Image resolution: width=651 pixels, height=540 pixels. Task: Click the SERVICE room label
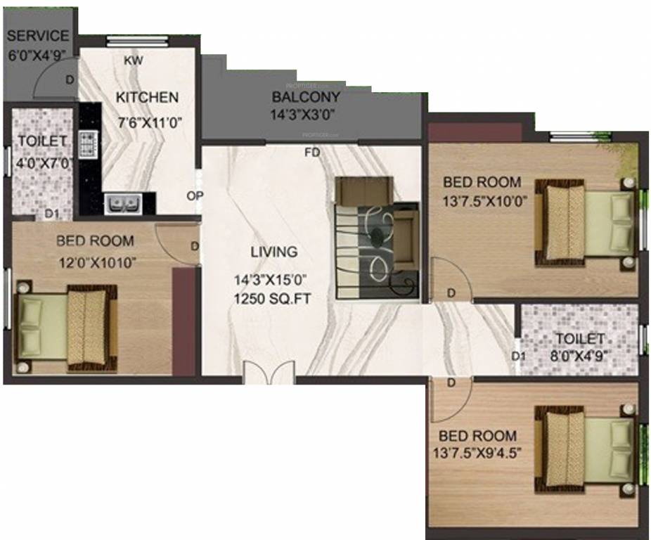pos(38,36)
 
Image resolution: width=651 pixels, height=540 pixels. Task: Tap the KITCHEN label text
pos(147,98)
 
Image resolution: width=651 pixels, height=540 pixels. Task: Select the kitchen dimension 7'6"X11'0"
pos(150,121)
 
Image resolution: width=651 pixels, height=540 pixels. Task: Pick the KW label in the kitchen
pos(133,60)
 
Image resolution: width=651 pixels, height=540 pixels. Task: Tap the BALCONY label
pos(306,97)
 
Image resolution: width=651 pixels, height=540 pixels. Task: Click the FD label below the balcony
pos(311,152)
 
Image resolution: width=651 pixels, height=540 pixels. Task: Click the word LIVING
pos(273,252)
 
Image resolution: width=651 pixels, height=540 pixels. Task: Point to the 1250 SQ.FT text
pos(273,299)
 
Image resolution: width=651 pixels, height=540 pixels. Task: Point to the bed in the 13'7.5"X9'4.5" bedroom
pos(585,446)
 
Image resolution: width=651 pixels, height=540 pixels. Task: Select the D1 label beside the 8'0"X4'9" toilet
pos(518,356)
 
